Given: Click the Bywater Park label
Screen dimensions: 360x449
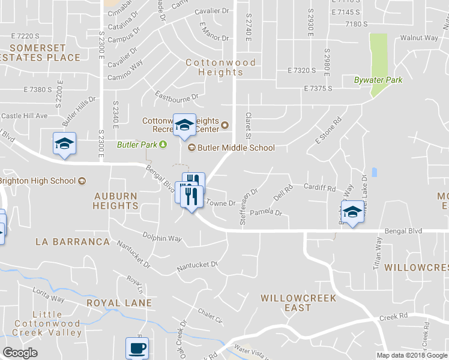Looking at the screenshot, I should pyautogui.click(x=378, y=80).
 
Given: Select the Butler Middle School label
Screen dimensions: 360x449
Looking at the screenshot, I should pyautogui.click(x=236, y=148).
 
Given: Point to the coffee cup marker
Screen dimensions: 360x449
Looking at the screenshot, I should pyautogui.click(x=137, y=348).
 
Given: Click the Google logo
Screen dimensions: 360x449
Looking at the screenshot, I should pyautogui.click(x=20, y=353).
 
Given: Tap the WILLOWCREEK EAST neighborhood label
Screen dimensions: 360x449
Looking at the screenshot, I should pyautogui.click(x=298, y=302).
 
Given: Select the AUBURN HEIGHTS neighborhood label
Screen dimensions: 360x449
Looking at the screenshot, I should pyautogui.click(x=116, y=201).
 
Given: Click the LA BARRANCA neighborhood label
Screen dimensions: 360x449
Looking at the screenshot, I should pyautogui.click(x=73, y=242).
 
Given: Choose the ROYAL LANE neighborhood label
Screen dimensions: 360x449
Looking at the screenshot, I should pyautogui.click(x=119, y=303).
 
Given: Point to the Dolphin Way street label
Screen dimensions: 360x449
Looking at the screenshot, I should pyautogui.click(x=162, y=238).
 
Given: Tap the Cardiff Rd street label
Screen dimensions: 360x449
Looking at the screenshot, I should pyautogui.click(x=319, y=188).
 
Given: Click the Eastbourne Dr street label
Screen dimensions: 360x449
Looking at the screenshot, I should pyautogui.click(x=176, y=96).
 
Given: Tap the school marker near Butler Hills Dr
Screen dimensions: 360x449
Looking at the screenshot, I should pyautogui.click(x=65, y=144).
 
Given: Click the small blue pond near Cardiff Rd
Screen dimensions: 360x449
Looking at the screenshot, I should pyautogui.click(x=375, y=172).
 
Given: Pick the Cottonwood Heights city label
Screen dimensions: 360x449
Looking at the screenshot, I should pyautogui.click(x=220, y=67).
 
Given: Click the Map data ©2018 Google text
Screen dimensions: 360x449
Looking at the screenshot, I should pyautogui.click(x=412, y=355).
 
